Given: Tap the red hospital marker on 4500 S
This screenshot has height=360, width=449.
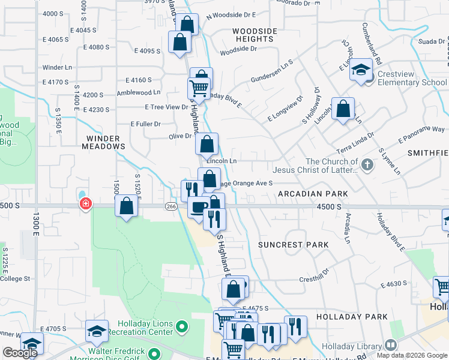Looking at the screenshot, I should (86, 205).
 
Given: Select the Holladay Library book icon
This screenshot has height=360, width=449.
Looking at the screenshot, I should (391, 345).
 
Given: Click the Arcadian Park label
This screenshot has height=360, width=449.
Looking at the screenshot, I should (312, 194).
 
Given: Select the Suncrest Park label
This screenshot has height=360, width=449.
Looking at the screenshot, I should (294, 245).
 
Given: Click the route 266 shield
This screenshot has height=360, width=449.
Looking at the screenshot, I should (170, 206).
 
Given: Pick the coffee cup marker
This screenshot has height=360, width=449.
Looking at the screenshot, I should (197, 208).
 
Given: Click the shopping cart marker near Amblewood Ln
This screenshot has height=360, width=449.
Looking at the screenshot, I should (199, 88).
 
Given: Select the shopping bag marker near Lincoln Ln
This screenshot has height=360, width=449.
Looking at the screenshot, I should (206, 144).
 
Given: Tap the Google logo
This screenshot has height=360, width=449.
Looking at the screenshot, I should (20, 353).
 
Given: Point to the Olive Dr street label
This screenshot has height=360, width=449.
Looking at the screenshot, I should (179, 136).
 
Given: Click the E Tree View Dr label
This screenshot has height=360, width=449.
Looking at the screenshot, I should (166, 107).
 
